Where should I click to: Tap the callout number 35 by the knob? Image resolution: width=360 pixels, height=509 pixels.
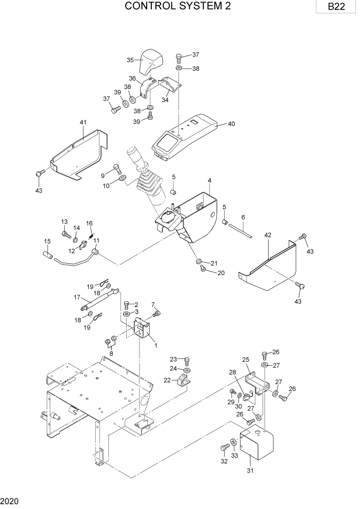pos(130,60)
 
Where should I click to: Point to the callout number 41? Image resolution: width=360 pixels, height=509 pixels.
pos(83,123)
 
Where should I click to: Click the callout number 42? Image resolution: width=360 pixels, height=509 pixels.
pos(267,235)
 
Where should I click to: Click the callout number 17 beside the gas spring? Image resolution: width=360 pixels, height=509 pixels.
pos(77,297)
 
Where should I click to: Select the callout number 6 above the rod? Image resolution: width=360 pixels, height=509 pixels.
pos(243,217)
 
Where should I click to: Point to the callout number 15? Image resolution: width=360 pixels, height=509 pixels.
pos(47,241)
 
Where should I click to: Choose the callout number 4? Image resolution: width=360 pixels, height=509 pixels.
pos(210,180)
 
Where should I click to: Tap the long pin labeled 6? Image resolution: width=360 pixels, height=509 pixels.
pos(239,229)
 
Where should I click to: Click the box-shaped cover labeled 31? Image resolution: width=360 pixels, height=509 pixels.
pos(256,444)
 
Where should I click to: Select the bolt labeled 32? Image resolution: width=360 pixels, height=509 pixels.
pos(225,448)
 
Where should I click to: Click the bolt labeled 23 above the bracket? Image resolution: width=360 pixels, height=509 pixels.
pos(187,360)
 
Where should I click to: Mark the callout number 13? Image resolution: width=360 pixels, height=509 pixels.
pos(65,222)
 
